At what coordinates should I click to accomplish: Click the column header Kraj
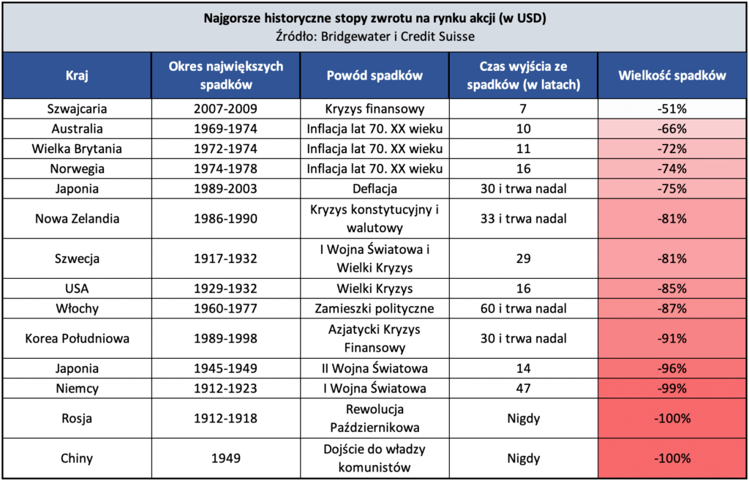[x=76, y=75]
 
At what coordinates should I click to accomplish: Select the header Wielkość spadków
[x=671, y=75]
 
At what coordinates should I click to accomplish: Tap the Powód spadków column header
[x=374, y=75]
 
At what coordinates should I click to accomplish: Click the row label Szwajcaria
[x=76, y=109]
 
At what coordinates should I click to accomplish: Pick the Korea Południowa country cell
[x=76, y=339]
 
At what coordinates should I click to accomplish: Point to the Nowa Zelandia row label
[x=76, y=218]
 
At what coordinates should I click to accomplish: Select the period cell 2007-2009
[x=226, y=109]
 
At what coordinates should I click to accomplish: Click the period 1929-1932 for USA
[x=226, y=288]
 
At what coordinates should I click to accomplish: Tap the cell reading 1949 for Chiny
[x=226, y=459]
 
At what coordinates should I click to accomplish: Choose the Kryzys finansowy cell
[x=374, y=109]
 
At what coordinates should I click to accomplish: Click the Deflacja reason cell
[x=374, y=189]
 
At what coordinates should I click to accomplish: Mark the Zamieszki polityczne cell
[x=374, y=308]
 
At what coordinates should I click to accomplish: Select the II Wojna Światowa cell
[x=374, y=368]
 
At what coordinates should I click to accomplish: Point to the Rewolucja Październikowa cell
[x=374, y=419]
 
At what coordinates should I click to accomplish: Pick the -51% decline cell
[x=671, y=109]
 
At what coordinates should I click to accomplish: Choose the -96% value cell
[x=671, y=368]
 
